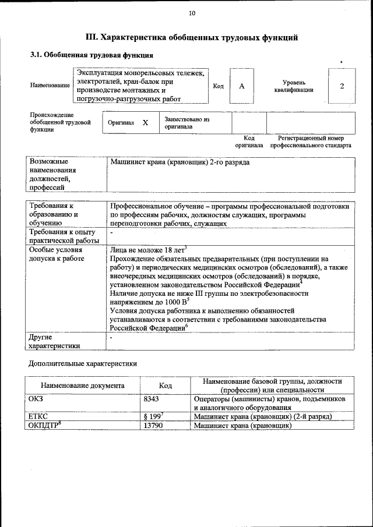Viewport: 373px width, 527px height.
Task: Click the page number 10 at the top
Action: tap(192, 13)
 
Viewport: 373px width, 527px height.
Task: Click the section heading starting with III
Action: tap(192, 38)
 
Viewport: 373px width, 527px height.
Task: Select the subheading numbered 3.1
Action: tap(92, 55)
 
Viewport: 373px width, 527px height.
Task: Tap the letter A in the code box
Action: tap(241, 86)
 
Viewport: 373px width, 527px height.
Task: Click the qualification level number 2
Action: tap(342, 86)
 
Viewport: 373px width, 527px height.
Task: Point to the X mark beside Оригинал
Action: tap(146, 123)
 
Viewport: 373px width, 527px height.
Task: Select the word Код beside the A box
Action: tap(219, 86)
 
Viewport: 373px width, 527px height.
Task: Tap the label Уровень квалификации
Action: tap(294, 86)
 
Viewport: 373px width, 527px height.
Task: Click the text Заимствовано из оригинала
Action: tap(186, 122)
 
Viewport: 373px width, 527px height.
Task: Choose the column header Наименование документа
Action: tap(82, 385)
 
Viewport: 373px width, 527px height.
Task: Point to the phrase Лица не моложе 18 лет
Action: tap(147, 250)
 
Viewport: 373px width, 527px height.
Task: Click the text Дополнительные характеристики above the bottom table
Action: tap(83, 363)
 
